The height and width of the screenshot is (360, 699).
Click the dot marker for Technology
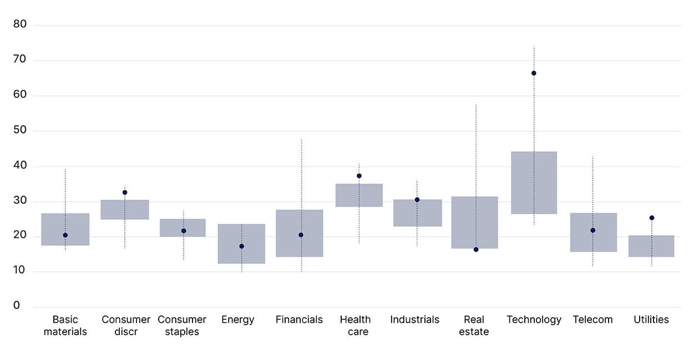(534, 73)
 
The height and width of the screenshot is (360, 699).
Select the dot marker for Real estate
(476, 250)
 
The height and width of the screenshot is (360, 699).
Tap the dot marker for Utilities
(652, 218)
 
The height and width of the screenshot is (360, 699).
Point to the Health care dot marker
(359, 176)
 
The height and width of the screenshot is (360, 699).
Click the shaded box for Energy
(241, 244)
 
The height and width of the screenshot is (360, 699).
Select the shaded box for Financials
(300, 233)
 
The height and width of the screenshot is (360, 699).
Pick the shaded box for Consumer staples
(183, 228)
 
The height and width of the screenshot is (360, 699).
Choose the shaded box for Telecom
(593, 232)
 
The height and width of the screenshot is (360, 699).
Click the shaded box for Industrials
(417, 213)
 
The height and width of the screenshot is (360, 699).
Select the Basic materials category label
(65, 326)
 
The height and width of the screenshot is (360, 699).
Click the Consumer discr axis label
(126, 326)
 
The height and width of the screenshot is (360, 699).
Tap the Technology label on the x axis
(534, 320)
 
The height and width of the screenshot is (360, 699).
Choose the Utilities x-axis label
(651, 320)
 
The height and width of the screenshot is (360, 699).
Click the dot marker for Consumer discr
(125, 192)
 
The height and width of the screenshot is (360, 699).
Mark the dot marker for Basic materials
(65, 235)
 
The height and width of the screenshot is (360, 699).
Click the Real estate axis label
(474, 326)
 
